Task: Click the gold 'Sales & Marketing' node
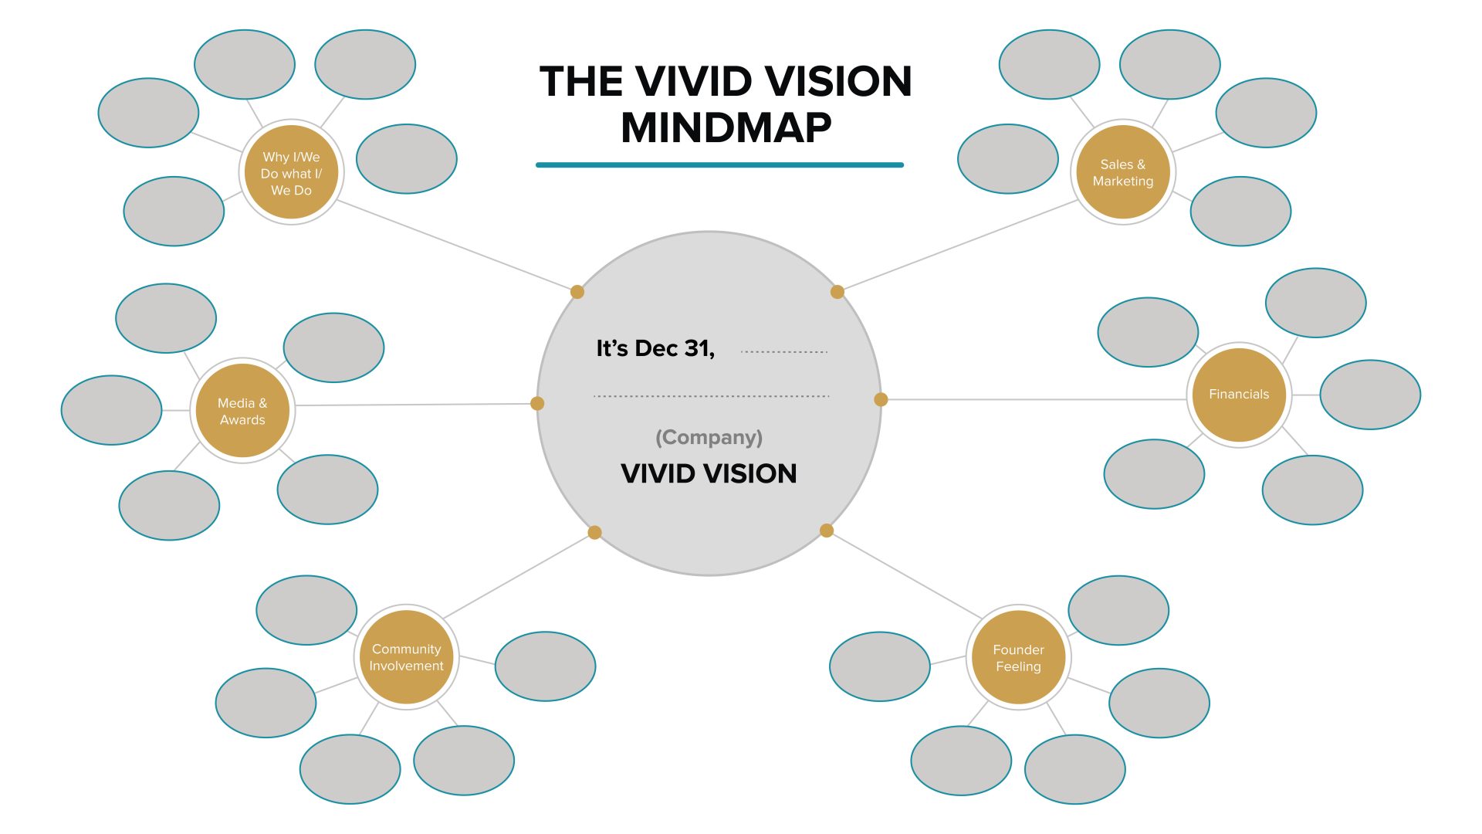[1123, 172]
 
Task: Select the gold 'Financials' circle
[1238, 395]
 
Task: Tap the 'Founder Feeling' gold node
[1018, 658]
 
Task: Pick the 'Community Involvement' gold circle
[406, 657]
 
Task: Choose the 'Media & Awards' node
[242, 411]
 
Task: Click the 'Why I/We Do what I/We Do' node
[291, 173]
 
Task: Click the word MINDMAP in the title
[726, 127]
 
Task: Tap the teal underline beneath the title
[719, 164]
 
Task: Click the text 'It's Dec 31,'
[655, 348]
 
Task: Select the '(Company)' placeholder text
[709, 437]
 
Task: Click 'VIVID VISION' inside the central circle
[709, 473]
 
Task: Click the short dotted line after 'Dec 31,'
[783, 352]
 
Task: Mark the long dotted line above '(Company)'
[711, 396]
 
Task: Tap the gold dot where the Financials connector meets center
[881, 399]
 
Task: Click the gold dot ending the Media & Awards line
[537, 403]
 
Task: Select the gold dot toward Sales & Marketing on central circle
[837, 292]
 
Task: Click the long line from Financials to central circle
[1034, 399]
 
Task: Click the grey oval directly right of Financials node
[1369, 395]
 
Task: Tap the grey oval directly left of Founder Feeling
[879, 666]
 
